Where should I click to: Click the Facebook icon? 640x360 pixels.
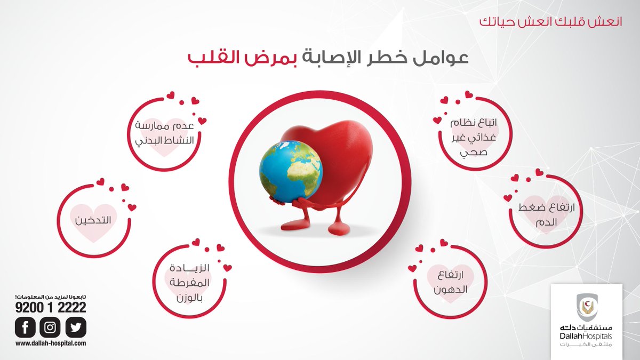coord(25,326)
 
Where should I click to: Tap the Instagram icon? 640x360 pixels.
coord(50,326)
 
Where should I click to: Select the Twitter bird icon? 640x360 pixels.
coord(76,326)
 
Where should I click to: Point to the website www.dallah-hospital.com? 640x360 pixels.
coord(51,344)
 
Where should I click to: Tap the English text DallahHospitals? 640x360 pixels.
coord(586,336)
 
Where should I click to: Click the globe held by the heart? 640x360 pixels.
coord(291,171)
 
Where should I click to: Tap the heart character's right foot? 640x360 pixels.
coord(338,228)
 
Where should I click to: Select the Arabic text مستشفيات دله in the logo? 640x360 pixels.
coord(586,326)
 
